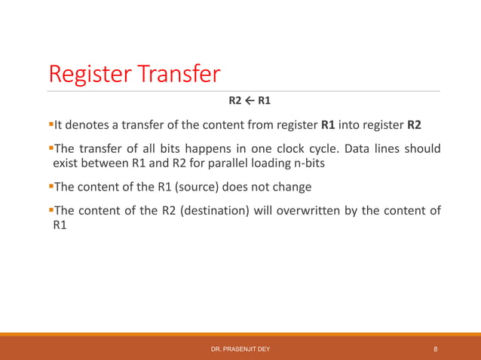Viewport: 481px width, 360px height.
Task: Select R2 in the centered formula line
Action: point(236,100)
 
